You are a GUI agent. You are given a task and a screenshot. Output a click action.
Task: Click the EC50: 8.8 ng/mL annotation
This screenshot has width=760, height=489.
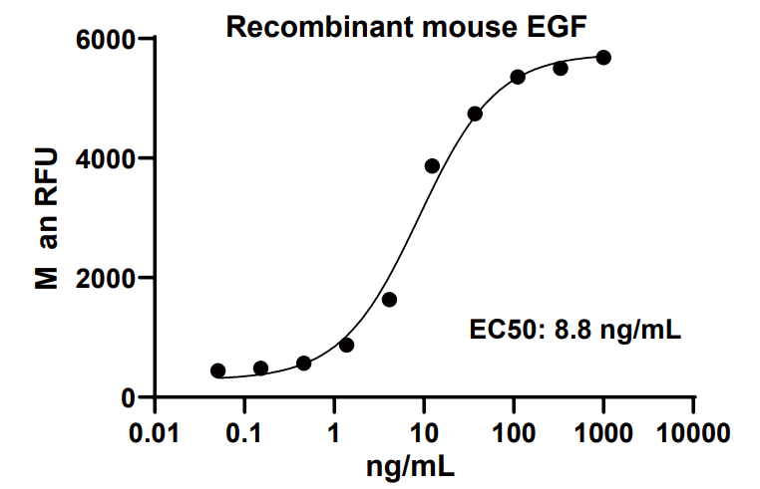pos(575,330)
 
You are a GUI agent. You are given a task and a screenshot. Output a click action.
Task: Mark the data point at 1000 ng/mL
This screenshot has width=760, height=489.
pos(602,58)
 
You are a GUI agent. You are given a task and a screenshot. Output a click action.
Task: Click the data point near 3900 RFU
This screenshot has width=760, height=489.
pos(432,165)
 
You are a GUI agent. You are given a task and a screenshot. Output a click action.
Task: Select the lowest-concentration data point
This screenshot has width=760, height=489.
pos(217,370)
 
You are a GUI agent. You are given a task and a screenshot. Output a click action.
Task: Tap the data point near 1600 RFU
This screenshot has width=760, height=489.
pos(389,300)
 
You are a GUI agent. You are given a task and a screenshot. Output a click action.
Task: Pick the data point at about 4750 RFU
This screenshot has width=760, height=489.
pos(475,114)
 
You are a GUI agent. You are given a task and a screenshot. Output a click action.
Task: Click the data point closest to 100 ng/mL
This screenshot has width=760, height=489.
pos(518,77)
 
